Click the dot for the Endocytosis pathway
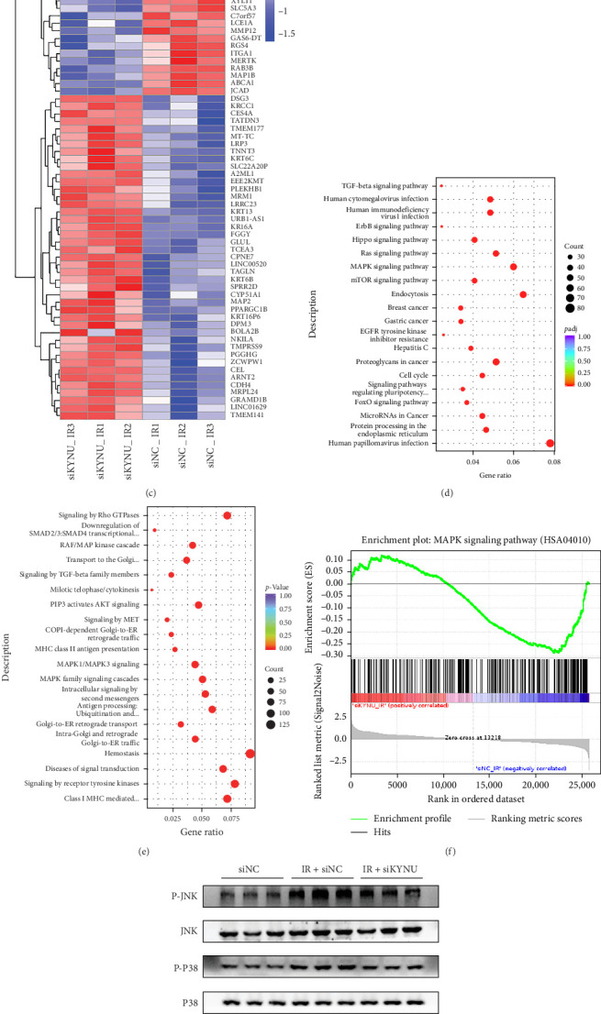pyautogui.click(x=523, y=294)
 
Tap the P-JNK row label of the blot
pyautogui.click(x=194, y=891)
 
